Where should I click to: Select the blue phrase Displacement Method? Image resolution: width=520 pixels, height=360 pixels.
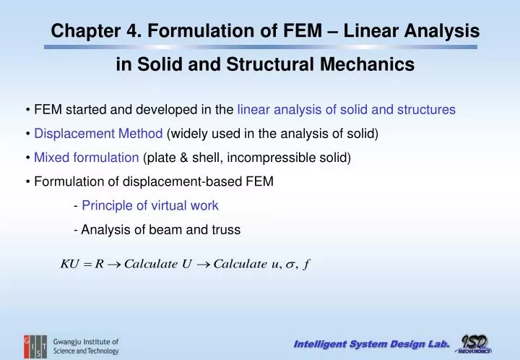click(x=98, y=134)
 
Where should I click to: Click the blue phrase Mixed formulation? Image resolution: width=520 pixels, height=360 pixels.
click(x=87, y=158)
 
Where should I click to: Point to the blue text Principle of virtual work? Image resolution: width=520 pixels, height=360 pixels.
click(x=150, y=205)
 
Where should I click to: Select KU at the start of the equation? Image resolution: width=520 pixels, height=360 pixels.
click(x=69, y=263)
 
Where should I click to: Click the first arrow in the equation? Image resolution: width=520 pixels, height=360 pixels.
click(x=113, y=264)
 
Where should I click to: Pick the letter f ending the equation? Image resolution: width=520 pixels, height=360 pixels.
click(x=307, y=264)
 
